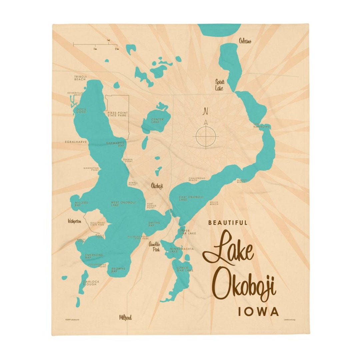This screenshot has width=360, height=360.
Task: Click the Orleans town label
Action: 245,41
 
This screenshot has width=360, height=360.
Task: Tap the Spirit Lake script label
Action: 220,85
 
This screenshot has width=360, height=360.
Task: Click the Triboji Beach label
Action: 80,78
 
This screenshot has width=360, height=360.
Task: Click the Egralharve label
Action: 76,142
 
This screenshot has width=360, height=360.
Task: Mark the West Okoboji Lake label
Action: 119,204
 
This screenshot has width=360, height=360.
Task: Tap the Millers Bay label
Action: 81,204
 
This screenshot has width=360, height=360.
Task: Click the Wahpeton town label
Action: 74,221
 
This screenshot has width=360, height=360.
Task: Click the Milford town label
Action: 125,317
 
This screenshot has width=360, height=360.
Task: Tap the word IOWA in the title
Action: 258,312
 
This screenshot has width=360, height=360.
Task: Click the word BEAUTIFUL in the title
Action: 228,223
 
